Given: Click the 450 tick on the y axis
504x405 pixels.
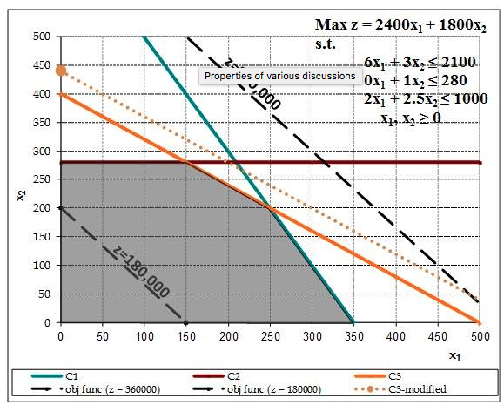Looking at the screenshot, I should [42, 65].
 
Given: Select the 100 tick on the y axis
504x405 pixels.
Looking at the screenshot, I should [42, 266].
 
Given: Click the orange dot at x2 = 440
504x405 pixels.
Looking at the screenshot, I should [60, 71].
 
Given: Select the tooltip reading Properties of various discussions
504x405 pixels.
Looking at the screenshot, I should [279, 76].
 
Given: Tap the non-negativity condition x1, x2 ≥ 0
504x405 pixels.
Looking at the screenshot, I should [409, 116].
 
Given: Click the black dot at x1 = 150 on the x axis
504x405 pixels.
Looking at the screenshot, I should [185, 323].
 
